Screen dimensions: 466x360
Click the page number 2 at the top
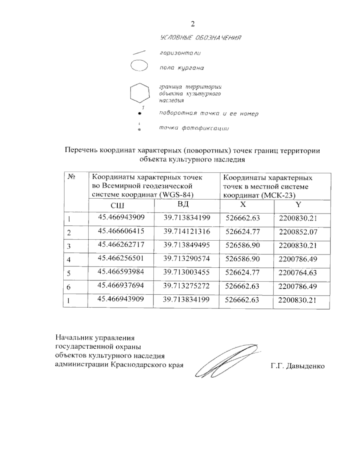193,24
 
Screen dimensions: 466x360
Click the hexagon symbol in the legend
139,92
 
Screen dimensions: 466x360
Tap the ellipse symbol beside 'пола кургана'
139,66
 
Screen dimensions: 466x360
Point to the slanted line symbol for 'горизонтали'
139,53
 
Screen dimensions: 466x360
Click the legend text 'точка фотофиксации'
194,128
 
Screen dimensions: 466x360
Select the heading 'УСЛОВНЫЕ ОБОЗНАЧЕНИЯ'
201,38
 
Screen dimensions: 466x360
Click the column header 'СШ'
118,206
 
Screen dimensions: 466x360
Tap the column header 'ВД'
183,205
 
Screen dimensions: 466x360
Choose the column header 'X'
243,205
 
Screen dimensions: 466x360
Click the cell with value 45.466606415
121,231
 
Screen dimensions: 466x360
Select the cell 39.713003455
186,272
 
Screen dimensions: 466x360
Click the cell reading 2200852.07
298,232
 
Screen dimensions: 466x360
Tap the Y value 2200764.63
298,272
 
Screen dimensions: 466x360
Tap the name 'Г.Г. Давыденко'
297,366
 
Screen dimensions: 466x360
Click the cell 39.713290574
186,258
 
